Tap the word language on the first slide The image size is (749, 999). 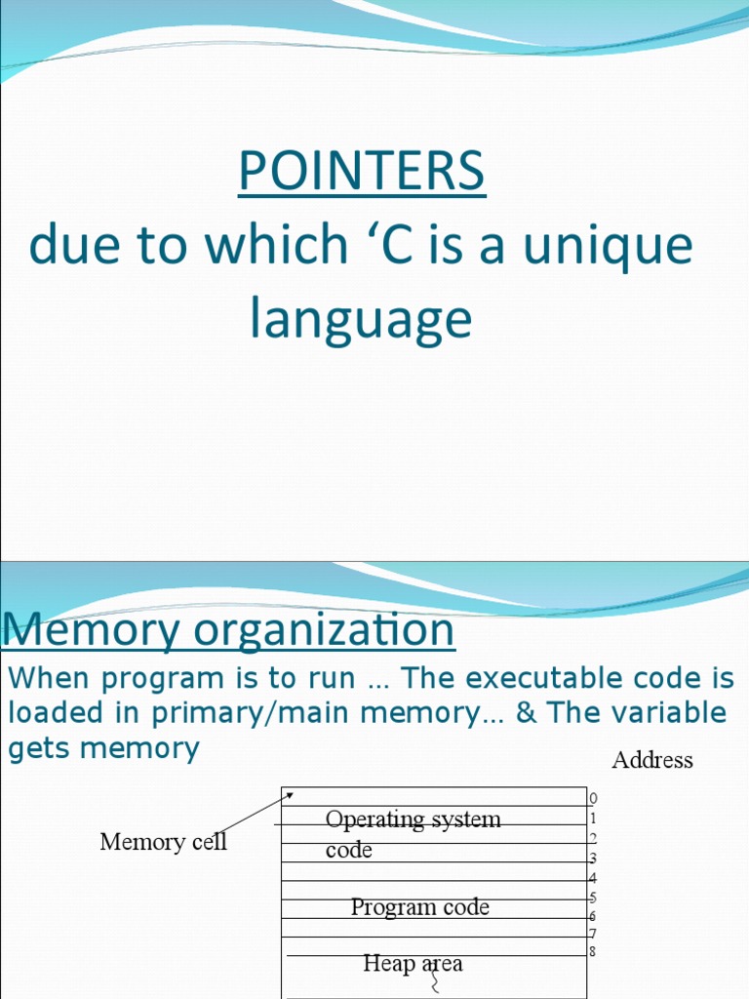[x=361, y=319]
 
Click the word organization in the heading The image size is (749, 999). [x=323, y=629]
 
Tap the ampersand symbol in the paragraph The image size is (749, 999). [x=526, y=713]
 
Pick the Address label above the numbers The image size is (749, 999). [x=651, y=760]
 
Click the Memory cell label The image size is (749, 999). [x=163, y=842]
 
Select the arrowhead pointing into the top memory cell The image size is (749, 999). [x=289, y=794]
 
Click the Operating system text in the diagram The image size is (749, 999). [x=413, y=819]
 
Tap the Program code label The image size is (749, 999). [x=419, y=907]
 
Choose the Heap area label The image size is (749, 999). [x=413, y=964]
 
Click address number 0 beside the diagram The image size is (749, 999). [x=593, y=799]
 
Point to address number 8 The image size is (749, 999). [x=592, y=951]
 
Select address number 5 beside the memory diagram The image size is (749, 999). [x=592, y=898]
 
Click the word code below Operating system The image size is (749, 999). [x=349, y=851]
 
